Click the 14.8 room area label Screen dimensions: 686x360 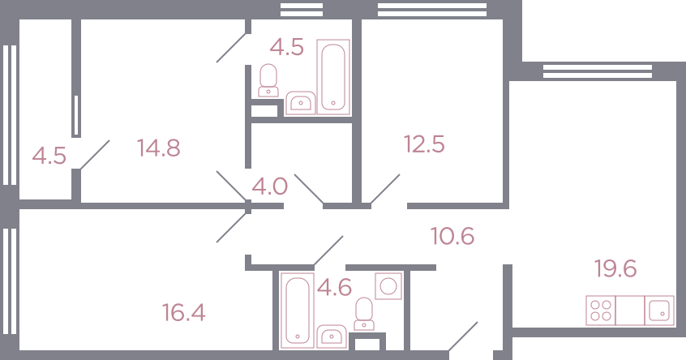[x=158, y=148]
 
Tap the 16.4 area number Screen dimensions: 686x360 [x=184, y=313]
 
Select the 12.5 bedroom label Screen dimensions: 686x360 [x=424, y=144]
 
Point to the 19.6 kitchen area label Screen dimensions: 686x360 [x=615, y=268]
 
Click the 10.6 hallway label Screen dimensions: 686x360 [x=452, y=236]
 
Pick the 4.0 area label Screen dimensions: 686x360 [x=269, y=186]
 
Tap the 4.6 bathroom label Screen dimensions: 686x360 [x=334, y=288]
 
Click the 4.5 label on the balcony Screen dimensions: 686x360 [x=49, y=156]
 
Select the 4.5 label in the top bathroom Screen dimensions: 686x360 [x=286, y=47]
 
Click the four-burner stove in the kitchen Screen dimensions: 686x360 [x=601, y=311]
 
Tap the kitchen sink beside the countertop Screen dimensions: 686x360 [x=659, y=311]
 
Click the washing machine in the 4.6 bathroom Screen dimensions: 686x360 [x=388, y=286]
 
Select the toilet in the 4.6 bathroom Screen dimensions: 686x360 [x=364, y=314]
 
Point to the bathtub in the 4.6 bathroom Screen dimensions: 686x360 [x=298, y=311]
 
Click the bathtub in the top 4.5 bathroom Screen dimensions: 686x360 [x=333, y=77]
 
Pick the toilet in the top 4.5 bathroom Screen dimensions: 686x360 [x=268, y=80]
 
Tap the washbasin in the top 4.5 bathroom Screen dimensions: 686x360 [x=300, y=103]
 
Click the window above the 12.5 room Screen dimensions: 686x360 [x=432, y=10]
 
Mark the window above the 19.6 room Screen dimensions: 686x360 [x=598, y=71]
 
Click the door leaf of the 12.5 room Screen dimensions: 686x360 [x=385, y=189]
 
